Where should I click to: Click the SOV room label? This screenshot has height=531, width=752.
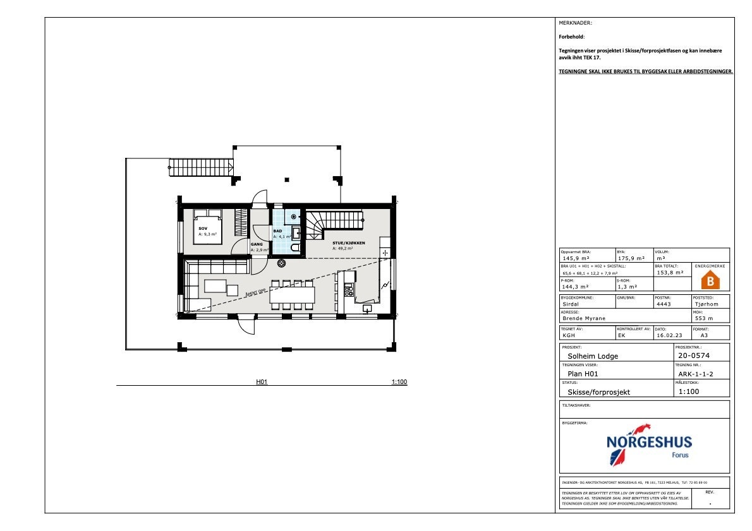203,229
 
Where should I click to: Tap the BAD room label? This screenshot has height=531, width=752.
277,232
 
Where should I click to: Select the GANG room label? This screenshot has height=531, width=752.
257,244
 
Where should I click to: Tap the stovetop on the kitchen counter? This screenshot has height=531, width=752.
348,291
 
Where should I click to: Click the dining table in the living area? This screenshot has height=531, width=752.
292,294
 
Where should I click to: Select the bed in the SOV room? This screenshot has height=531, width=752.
207,227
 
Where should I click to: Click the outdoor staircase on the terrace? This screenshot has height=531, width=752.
202,167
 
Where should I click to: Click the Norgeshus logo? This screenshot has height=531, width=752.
648,444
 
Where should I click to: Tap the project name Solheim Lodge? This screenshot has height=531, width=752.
593,355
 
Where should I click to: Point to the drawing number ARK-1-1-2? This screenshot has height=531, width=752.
695,374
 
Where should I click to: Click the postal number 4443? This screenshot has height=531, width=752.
664,304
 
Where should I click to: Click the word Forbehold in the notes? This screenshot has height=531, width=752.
572,37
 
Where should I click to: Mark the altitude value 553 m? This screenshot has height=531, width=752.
704,318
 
